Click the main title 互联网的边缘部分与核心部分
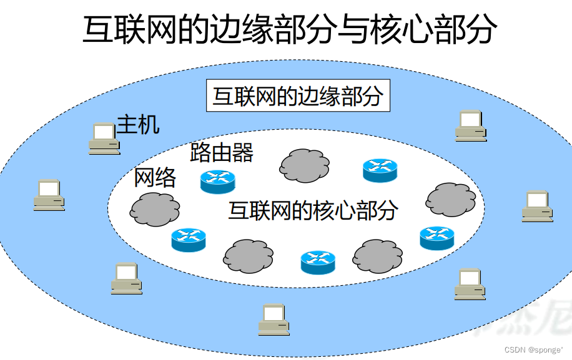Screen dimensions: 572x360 290,29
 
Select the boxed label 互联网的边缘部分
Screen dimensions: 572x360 298,97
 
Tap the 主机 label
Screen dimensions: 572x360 139,125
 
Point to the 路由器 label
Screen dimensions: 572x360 222,152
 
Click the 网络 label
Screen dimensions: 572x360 155,178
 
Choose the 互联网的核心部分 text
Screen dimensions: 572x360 313,210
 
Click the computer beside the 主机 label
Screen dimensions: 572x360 104,139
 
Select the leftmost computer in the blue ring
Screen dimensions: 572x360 49,195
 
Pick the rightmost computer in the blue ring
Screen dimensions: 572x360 538,207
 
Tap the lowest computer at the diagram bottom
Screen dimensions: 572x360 274,319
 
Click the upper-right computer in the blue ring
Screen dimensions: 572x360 471,125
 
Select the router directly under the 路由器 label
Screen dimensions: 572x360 217,181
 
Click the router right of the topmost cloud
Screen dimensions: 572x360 380,170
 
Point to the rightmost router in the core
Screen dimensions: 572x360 437,238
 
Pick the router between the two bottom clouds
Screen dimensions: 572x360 318,262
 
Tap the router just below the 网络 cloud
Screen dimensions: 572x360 189,240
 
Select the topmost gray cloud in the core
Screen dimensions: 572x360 304,164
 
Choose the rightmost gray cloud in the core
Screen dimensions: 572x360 450,199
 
